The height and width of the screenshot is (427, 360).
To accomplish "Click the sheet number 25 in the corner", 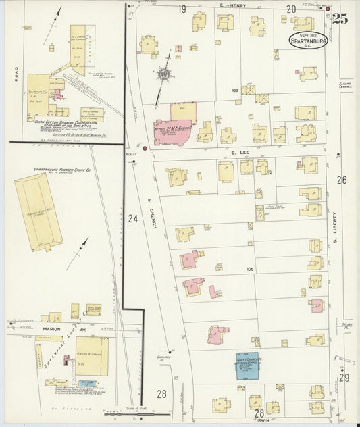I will tap(340, 20).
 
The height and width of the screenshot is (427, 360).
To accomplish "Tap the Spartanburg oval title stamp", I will tap(309, 40).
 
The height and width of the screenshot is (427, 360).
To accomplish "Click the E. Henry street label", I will tap(233, 6).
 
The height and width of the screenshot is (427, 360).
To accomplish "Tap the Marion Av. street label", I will tap(42, 330).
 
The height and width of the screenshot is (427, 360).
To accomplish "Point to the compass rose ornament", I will tap(163, 75).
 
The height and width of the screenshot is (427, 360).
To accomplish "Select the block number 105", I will tap(251, 269).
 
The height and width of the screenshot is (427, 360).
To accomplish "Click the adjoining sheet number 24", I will tap(132, 218).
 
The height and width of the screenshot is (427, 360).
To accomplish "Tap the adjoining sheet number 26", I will tap(342, 180).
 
